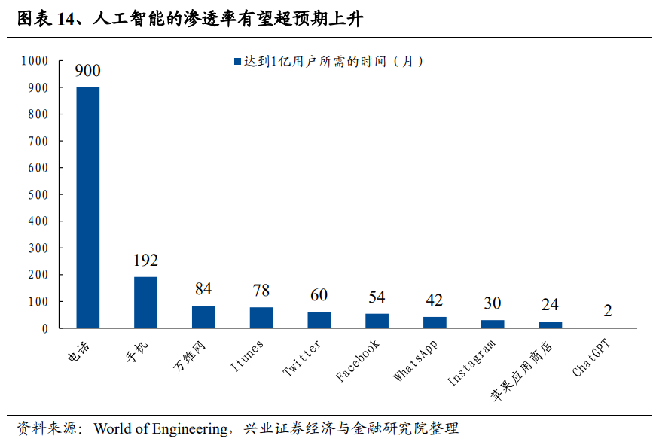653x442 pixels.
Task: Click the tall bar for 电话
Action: pos(88,207)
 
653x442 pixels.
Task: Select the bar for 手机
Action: pos(145,302)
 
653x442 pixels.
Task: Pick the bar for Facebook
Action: pos(377,321)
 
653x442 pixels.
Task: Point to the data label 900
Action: pos(87,71)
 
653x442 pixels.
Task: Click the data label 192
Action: pos(145,261)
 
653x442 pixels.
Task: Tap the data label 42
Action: pos(434,300)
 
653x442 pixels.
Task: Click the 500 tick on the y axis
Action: pos(38,194)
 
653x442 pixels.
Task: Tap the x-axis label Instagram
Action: pos(471,364)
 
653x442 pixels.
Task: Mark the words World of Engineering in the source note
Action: pos(161,429)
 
